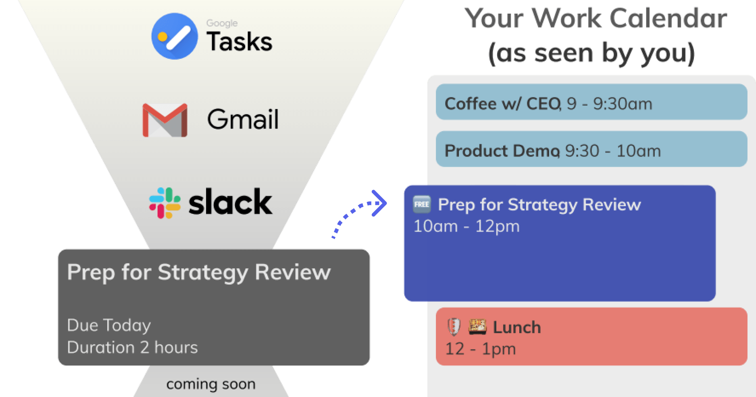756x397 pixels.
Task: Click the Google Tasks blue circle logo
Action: click(x=175, y=36)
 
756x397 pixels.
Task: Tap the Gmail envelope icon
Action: click(x=165, y=120)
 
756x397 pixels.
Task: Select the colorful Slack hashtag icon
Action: click(x=165, y=203)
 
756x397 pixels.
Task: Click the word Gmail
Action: click(x=243, y=119)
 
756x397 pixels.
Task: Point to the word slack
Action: click(x=230, y=202)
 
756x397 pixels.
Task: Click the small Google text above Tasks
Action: click(x=222, y=23)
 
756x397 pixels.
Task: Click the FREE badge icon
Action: click(x=422, y=204)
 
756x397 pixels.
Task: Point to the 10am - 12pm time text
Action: click(x=467, y=226)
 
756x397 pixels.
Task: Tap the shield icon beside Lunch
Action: click(x=454, y=327)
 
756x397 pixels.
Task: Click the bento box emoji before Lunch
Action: click(x=477, y=326)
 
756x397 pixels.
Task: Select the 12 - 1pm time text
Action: click(x=481, y=349)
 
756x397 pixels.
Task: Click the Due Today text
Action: click(x=109, y=325)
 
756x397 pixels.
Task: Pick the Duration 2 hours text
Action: click(x=132, y=347)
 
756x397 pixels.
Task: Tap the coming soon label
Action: click(x=211, y=384)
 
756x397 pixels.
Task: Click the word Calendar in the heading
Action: click(x=669, y=19)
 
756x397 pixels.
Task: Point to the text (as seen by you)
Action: click(x=591, y=53)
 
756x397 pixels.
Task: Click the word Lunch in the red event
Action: click(x=517, y=327)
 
